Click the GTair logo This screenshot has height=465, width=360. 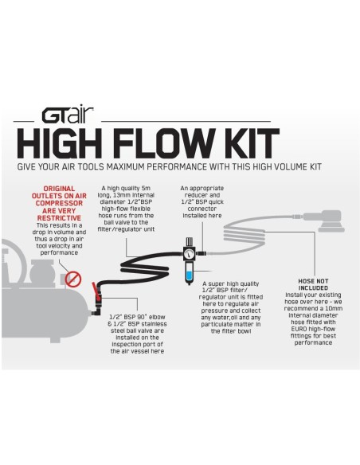click(x=68, y=115)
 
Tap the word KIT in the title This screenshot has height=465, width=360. click(x=251, y=143)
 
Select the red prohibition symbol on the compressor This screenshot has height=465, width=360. click(x=73, y=279)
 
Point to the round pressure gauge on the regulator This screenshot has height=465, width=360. click(x=189, y=254)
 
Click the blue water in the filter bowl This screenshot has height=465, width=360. click(x=189, y=276)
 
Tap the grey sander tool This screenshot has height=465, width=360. click(x=324, y=221)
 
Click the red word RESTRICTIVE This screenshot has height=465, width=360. click(x=59, y=218)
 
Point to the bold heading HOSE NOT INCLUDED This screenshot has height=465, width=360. click(x=313, y=284)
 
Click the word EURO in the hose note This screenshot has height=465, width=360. click(x=299, y=329)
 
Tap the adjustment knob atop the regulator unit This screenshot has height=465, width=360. click(x=189, y=241)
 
